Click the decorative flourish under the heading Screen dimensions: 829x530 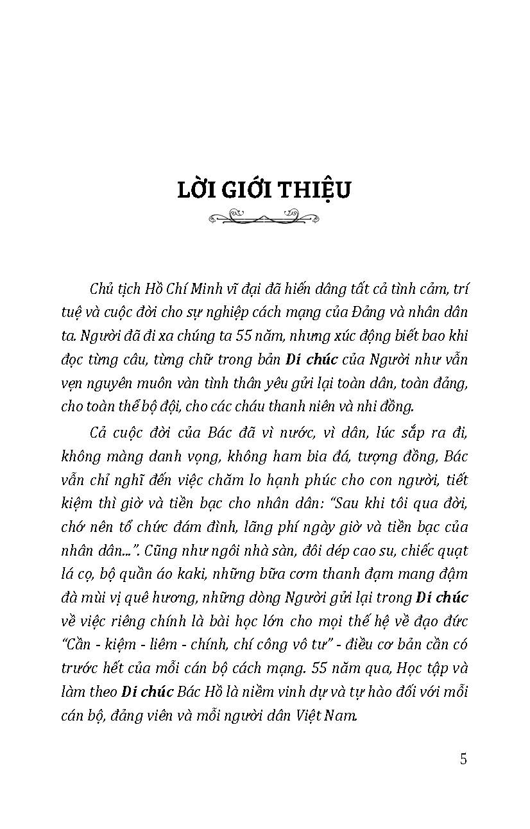(264, 218)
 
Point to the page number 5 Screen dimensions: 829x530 (463, 759)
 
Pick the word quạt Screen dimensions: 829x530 (454, 551)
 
